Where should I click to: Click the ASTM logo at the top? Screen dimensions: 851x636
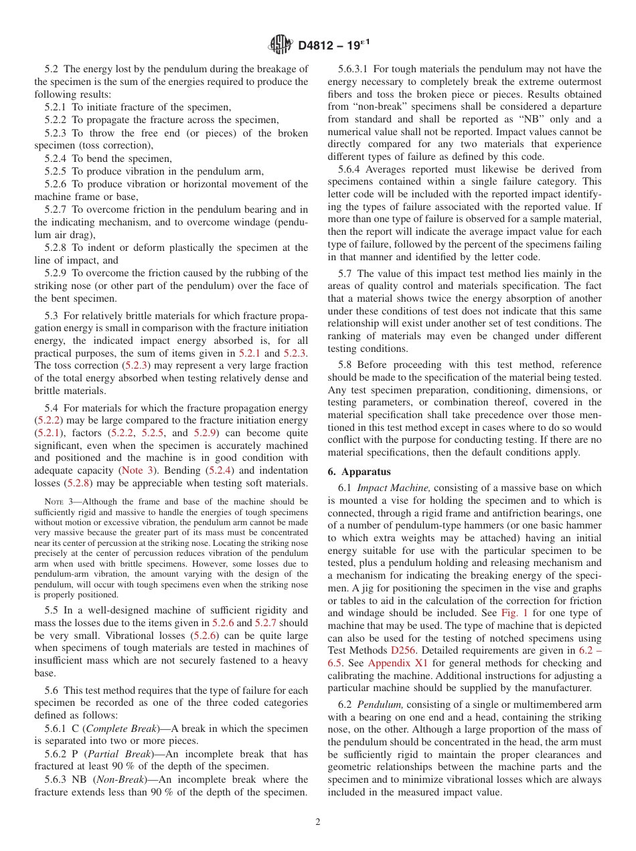click(280, 45)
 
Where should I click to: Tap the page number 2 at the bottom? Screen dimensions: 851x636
click(318, 822)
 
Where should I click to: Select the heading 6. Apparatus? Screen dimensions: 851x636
click(359, 472)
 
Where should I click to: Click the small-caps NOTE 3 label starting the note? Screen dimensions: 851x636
click(58, 502)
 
